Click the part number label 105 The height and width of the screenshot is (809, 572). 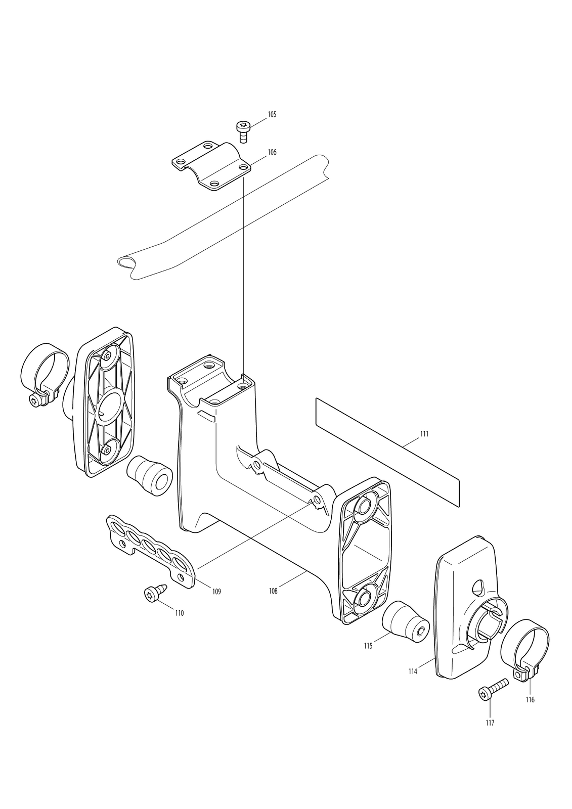click(272, 114)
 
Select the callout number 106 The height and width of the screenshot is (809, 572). click(272, 152)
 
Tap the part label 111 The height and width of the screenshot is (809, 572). click(424, 434)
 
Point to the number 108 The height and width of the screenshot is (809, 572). click(273, 591)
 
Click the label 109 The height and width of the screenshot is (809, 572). click(216, 592)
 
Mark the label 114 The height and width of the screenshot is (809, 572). click(413, 672)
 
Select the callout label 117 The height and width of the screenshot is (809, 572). click(490, 733)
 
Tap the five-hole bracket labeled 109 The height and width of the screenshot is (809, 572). click(151, 552)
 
